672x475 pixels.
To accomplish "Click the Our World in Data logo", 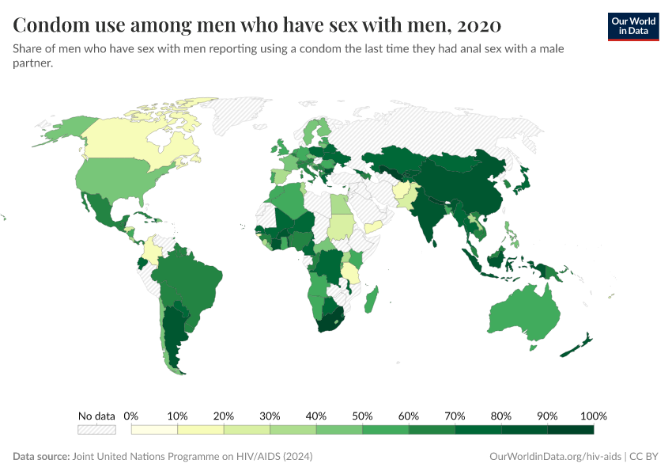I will (x=632, y=26).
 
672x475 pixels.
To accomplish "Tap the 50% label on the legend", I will (x=362, y=416).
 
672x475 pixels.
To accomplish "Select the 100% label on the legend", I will (x=593, y=416).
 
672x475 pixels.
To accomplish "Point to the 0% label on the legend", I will (x=131, y=416).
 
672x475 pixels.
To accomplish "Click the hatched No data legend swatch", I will (x=96, y=430).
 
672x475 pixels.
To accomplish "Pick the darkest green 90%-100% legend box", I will (x=570, y=430).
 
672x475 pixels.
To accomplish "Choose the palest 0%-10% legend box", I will (x=154, y=430).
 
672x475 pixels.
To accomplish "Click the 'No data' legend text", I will (x=96, y=416).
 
